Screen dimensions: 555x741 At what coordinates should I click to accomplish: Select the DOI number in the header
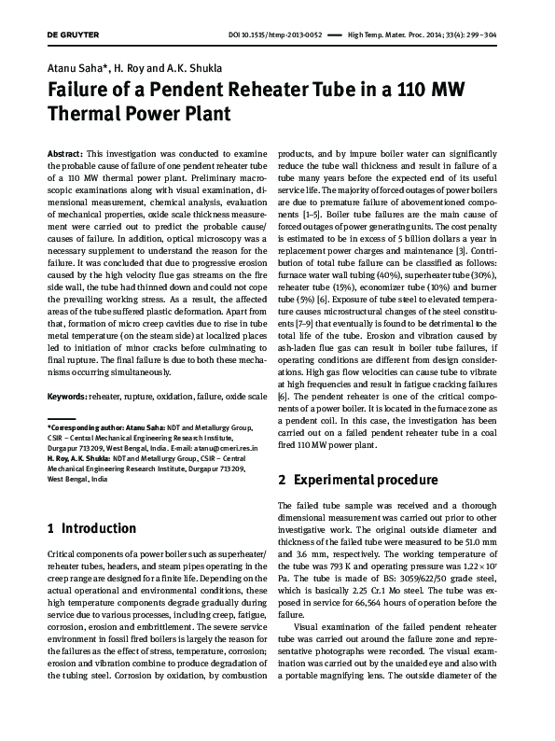coord(278,35)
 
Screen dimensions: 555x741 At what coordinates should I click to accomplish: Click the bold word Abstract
coord(63,151)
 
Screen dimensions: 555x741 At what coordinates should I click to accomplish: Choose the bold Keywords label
coord(66,397)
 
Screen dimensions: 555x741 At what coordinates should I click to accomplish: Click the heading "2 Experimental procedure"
coord(359,481)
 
